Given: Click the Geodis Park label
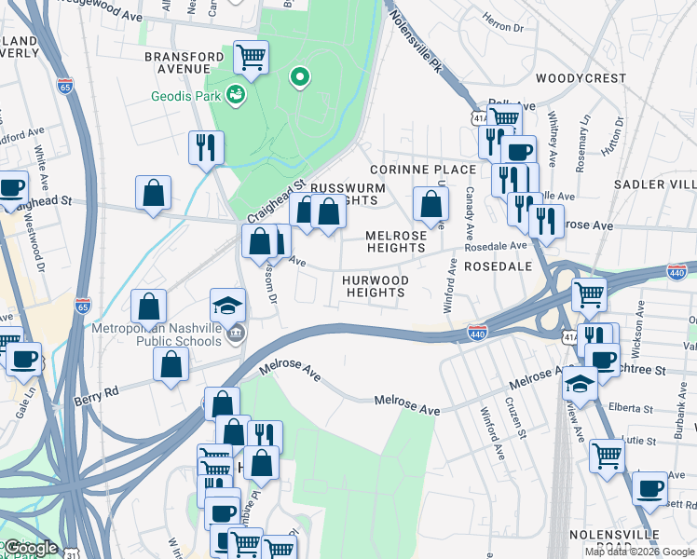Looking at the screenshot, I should click(x=185, y=96).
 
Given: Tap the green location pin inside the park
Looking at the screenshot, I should click(x=299, y=78).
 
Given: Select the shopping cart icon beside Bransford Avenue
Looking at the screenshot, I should click(x=251, y=58).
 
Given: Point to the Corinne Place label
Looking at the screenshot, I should click(x=423, y=170).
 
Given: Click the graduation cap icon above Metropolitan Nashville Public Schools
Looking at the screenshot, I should click(x=227, y=305).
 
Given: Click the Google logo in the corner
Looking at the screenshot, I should click(x=30, y=548).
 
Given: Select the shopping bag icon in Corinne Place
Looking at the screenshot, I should click(x=430, y=202).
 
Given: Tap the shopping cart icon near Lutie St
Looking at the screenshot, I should click(x=607, y=456).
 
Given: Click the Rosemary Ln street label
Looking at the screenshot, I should click(x=584, y=136).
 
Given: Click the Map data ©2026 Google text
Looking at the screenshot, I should click(x=639, y=552).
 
